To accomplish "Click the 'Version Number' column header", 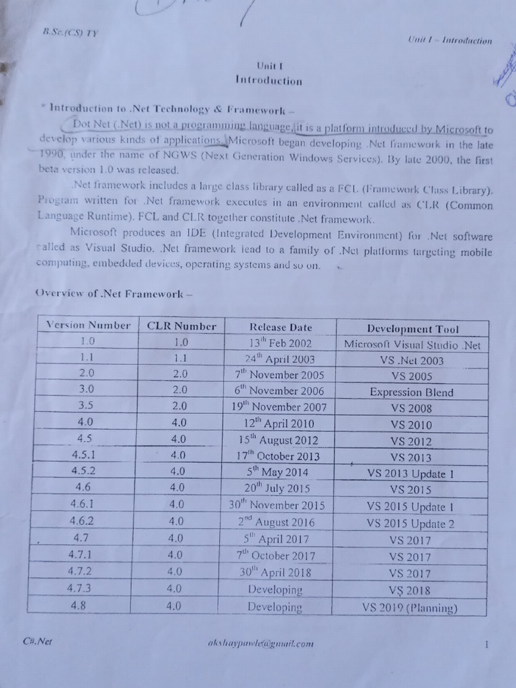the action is pos(88,325).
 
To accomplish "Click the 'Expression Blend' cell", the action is pos(411,392).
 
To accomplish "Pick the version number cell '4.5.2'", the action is pos(83,470).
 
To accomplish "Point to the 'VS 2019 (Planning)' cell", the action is pos(409,608).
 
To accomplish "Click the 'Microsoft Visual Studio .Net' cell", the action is pos(412,345).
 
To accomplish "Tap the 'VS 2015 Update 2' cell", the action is pos(411,524).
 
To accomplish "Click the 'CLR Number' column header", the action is pos(181,327).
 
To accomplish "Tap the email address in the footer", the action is pos(261,643).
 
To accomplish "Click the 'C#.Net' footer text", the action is pos(37,641).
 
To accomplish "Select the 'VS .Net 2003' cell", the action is pos(411,361).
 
